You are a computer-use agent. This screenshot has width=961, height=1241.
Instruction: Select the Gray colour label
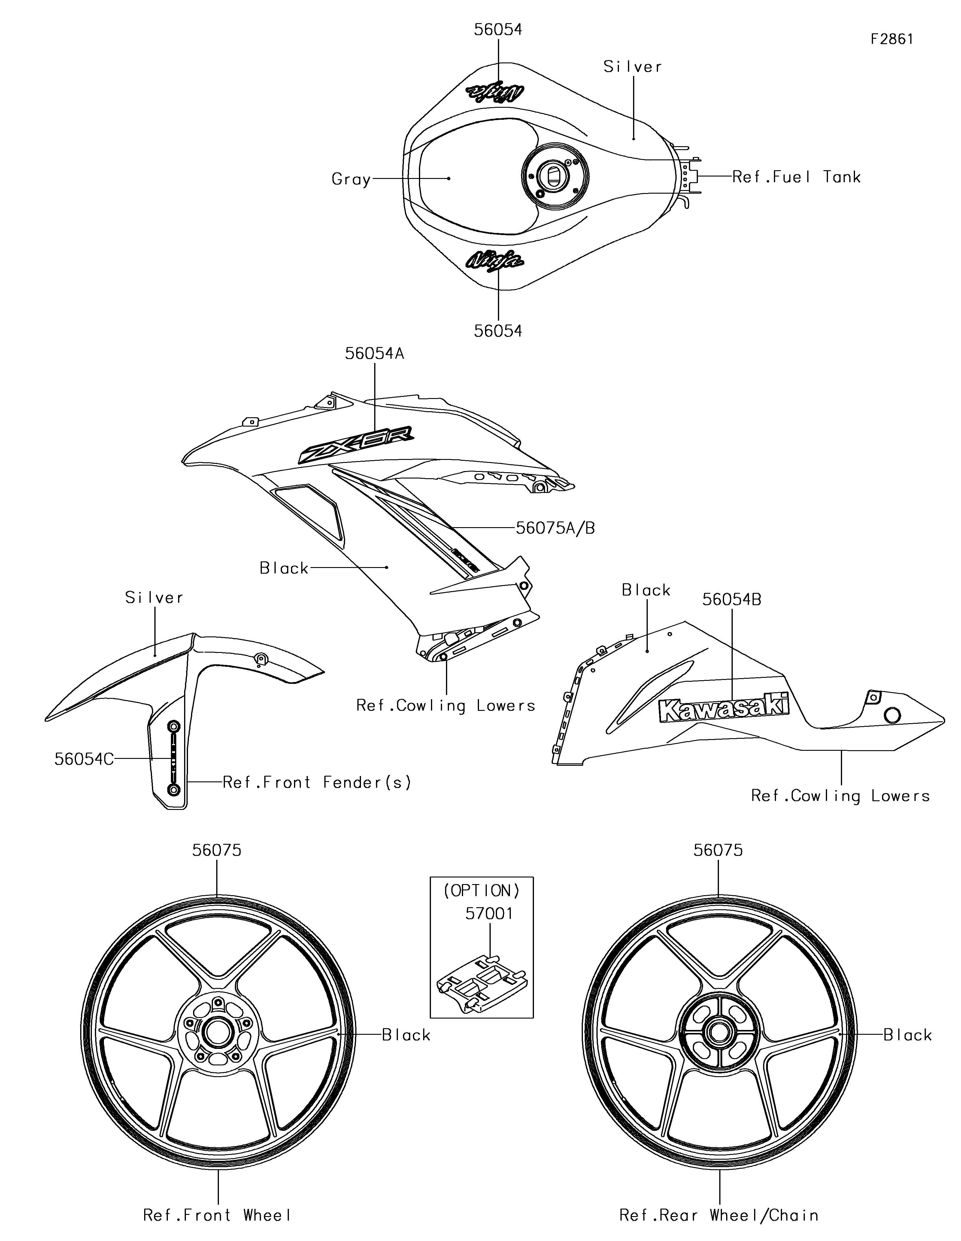(x=351, y=180)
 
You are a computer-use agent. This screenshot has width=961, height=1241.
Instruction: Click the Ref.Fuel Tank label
(x=796, y=177)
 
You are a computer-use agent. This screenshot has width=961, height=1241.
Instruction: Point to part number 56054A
(x=374, y=353)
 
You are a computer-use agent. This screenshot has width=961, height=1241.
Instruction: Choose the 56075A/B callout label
(x=555, y=528)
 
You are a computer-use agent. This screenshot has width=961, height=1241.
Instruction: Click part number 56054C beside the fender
(x=84, y=759)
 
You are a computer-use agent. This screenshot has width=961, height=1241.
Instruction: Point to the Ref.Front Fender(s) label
(x=317, y=782)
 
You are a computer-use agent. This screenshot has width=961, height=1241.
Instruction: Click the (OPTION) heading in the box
(x=481, y=890)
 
